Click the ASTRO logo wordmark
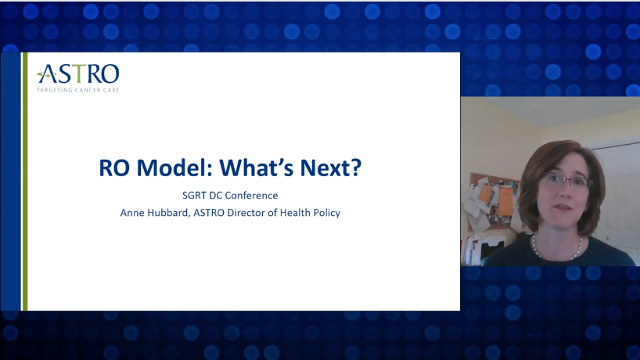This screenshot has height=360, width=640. click(78, 74)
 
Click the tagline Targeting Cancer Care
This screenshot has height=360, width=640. click(78, 90)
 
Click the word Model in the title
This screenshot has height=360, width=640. click(174, 167)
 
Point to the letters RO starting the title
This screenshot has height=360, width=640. click(114, 167)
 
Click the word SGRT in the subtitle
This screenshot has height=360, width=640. click(194, 196)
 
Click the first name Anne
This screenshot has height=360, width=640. click(132, 213)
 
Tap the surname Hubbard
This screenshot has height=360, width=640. click(168, 213)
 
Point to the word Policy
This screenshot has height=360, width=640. click(327, 213)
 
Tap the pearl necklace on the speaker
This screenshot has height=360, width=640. click(557, 249)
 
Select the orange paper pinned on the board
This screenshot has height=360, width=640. click(506, 201)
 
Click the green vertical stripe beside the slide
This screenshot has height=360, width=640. click(25, 182)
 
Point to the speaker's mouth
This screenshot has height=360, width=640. click(564, 207)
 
